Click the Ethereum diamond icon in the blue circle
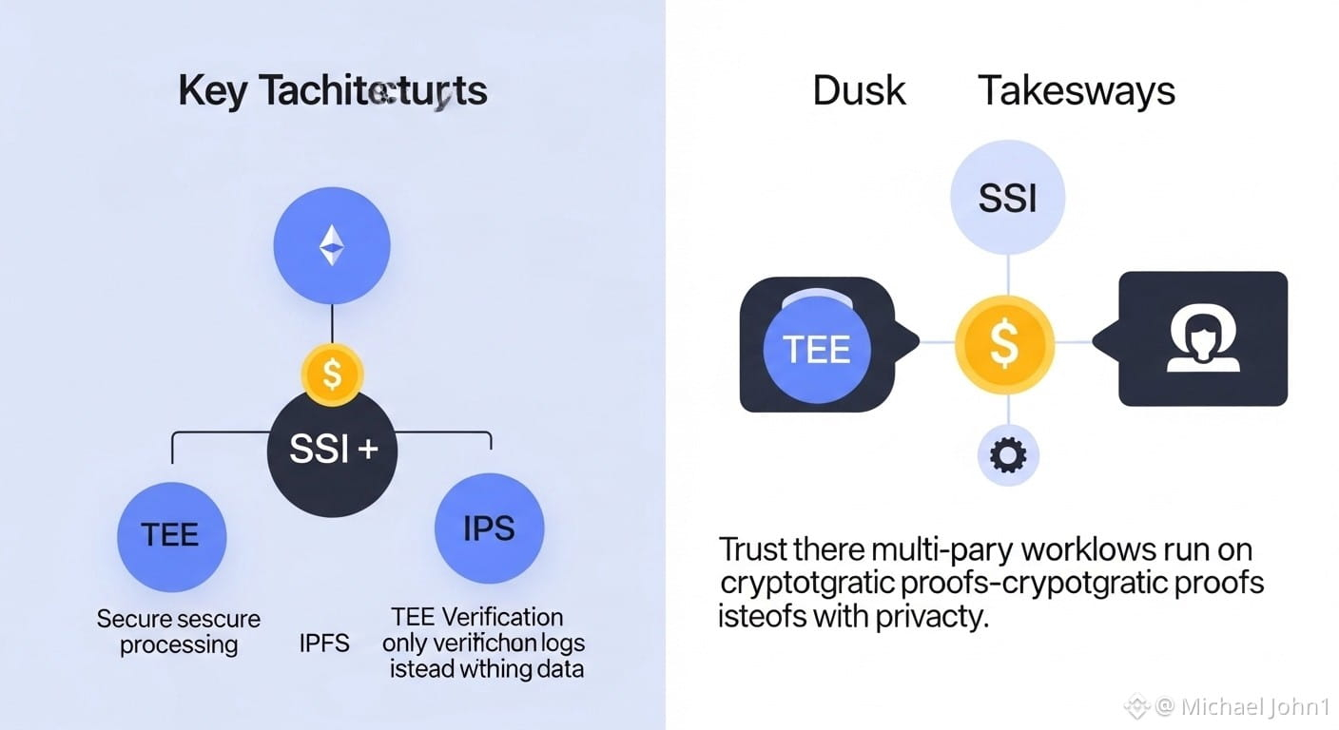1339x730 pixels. (331, 245)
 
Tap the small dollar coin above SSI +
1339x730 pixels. (332, 374)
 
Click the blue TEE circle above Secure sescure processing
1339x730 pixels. (171, 535)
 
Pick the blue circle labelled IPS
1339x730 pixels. (489, 528)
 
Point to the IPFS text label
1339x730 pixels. (324, 644)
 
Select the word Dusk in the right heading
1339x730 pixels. (859, 91)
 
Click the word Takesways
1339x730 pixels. (1077, 91)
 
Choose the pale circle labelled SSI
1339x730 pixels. (1007, 200)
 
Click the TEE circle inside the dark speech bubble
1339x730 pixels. (816, 349)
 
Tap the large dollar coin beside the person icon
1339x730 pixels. (1004, 343)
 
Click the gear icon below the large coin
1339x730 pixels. (1008, 456)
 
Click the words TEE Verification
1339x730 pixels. (476, 618)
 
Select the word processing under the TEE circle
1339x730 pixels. (179, 644)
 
